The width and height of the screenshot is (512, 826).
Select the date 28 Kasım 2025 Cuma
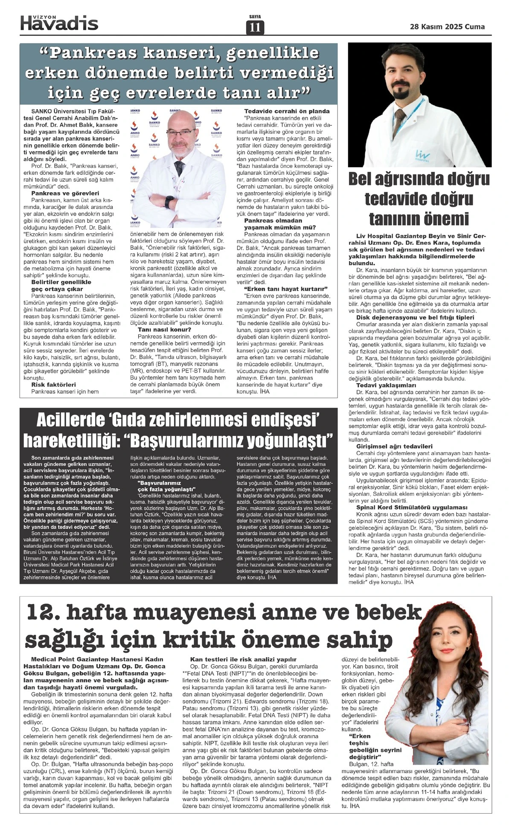click(447, 26)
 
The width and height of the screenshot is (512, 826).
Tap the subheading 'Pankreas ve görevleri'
click(65, 193)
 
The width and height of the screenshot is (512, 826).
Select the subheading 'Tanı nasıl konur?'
click(164, 329)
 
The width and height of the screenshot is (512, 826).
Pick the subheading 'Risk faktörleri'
click(54, 384)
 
